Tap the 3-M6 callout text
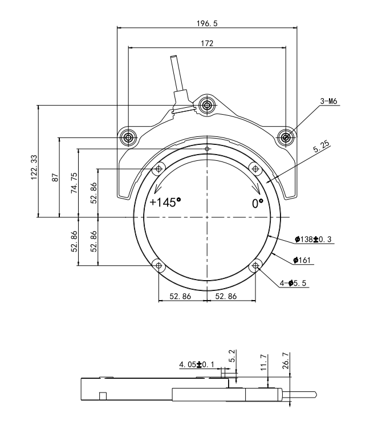tap(329, 101)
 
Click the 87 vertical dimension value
tap(55, 177)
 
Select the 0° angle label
tap(258, 203)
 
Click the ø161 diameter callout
tap(302, 260)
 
